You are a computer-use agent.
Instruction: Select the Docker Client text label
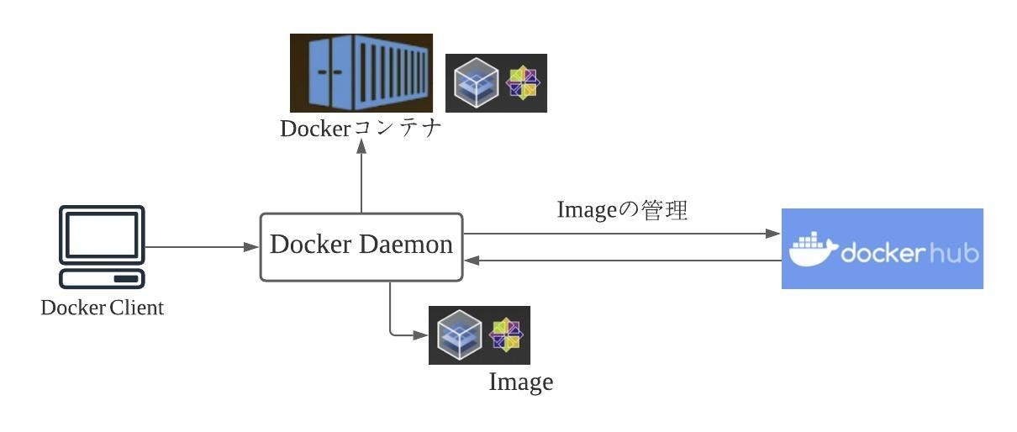pyautogui.click(x=102, y=308)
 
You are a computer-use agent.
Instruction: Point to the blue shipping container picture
pyautogui.click(x=361, y=73)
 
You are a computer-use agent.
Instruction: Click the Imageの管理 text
pyautogui.click(x=622, y=210)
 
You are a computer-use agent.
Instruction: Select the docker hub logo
pyautogui.click(x=882, y=249)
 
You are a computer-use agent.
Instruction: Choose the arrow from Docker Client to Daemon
pyautogui.click(x=202, y=247)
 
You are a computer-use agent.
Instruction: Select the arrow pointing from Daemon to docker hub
pyautogui.click(x=622, y=234)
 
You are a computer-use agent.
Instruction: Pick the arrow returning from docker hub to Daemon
pyautogui.click(x=622, y=261)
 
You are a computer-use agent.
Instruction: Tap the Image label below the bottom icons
pyautogui.click(x=521, y=382)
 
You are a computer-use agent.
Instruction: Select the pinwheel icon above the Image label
pyautogui.click(x=506, y=334)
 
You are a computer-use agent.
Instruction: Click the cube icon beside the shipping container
pyautogui.click(x=476, y=83)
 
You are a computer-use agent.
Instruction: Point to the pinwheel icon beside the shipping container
pyautogui.click(x=524, y=82)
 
